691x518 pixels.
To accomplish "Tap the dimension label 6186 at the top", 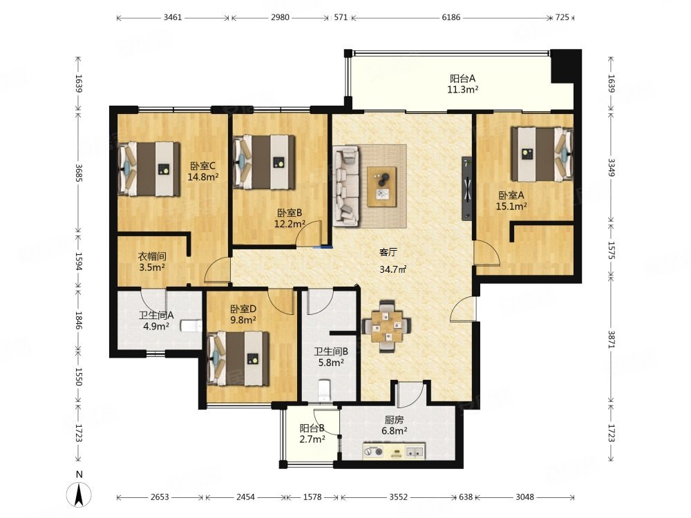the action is (x=451, y=17).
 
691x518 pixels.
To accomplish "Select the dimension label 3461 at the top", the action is (x=172, y=17).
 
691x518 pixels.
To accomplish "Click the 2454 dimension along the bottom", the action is (x=245, y=497).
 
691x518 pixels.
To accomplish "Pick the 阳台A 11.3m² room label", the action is (x=463, y=84).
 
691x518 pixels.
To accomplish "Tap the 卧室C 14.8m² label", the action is (x=203, y=172).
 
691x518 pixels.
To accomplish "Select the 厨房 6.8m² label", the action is (x=394, y=425).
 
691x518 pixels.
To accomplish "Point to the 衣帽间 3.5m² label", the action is (x=152, y=262).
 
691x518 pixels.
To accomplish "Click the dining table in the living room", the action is (x=387, y=327).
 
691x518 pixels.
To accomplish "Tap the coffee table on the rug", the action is (x=381, y=186).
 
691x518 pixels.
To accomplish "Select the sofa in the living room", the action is (x=346, y=186).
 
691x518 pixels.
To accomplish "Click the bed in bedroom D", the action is (x=238, y=358).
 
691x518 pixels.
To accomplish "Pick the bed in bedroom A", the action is (x=542, y=154).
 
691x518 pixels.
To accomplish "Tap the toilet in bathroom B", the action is (x=324, y=390).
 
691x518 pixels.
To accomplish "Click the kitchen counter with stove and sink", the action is (x=394, y=451).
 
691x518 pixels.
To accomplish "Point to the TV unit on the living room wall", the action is (x=467, y=188).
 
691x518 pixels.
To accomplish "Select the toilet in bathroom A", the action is (x=191, y=326).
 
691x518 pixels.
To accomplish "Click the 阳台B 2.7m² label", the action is (x=312, y=434).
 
